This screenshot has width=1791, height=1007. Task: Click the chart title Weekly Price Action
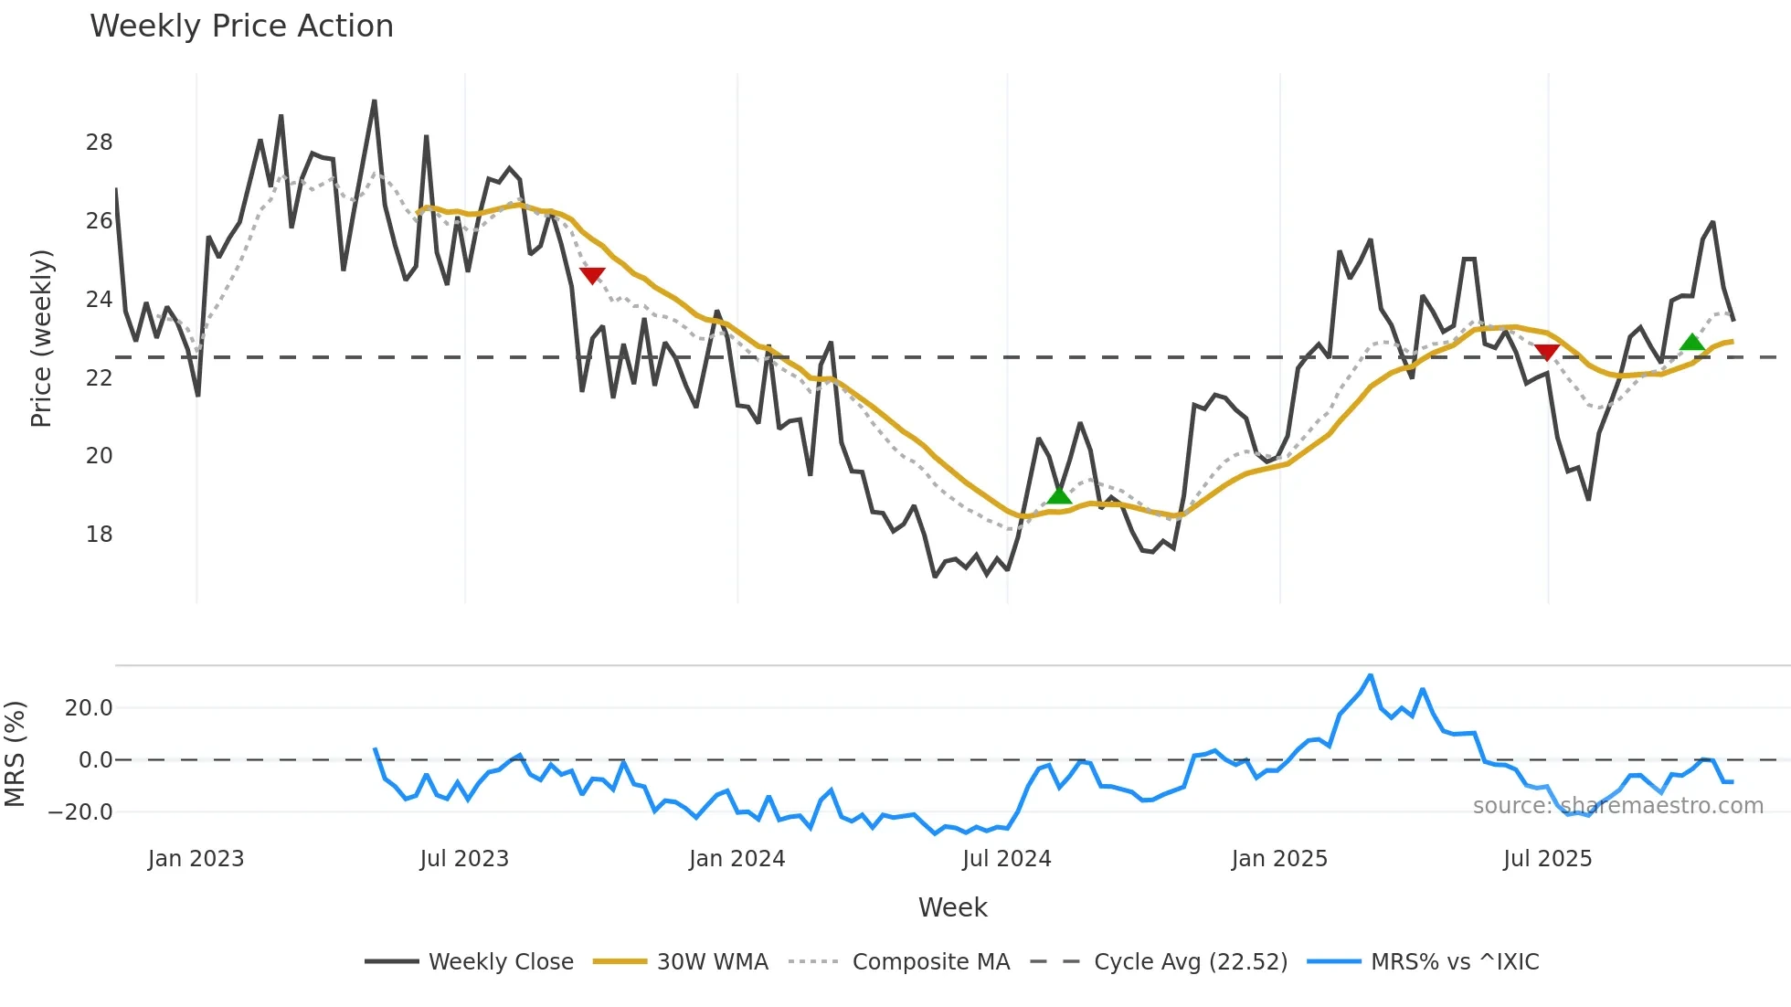point(241,26)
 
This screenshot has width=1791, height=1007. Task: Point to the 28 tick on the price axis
point(100,143)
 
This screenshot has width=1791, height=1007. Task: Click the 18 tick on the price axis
point(100,535)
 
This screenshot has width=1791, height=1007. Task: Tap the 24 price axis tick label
point(100,300)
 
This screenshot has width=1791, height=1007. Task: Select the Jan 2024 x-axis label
point(737,859)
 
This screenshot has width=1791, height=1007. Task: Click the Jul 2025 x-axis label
point(1547,859)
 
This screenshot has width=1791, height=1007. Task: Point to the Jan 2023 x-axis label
point(196,859)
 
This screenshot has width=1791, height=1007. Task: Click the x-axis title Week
point(952,907)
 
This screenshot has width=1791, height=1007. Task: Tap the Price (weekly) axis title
point(41,338)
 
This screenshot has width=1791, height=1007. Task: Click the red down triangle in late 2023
point(592,275)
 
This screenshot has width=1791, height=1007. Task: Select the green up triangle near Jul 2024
point(1058,496)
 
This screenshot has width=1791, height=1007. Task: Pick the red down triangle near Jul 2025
point(1546,353)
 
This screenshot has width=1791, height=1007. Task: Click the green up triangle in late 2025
point(1691,343)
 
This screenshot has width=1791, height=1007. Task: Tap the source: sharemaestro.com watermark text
point(1617,806)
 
